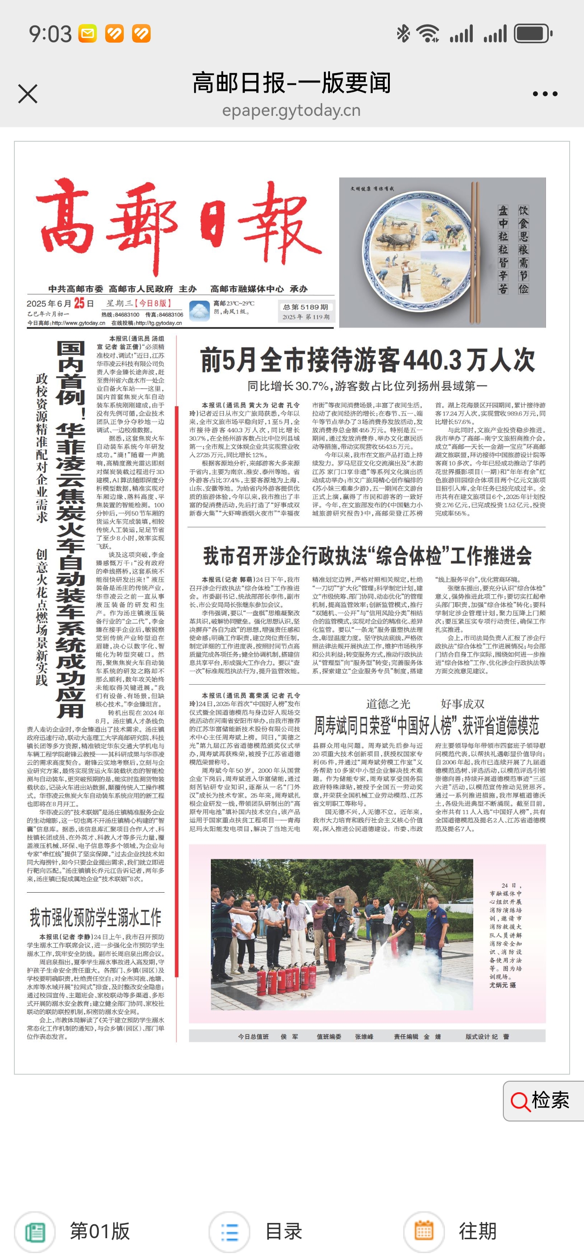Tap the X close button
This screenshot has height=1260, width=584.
pyautogui.click(x=28, y=94)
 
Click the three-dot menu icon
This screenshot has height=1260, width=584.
pyautogui.click(x=545, y=94)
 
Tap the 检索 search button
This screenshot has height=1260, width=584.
pyautogui.click(x=542, y=1101)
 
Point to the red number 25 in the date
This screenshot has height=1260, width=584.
pyautogui.click(x=79, y=303)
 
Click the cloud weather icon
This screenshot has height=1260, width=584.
pyautogui.click(x=199, y=311)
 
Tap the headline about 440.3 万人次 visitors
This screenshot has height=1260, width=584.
pyautogui.click(x=367, y=360)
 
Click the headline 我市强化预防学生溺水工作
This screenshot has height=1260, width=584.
pyautogui.click(x=95, y=918)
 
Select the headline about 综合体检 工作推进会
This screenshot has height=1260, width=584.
pyautogui.click(x=367, y=556)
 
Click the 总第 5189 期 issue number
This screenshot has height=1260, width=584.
pyautogui.click(x=306, y=307)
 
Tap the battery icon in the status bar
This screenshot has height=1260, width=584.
pyautogui.click(x=533, y=34)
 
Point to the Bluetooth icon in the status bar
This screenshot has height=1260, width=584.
pyautogui.click(x=403, y=34)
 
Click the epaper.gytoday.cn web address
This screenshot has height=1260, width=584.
pyautogui.click(x=291, y=111)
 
